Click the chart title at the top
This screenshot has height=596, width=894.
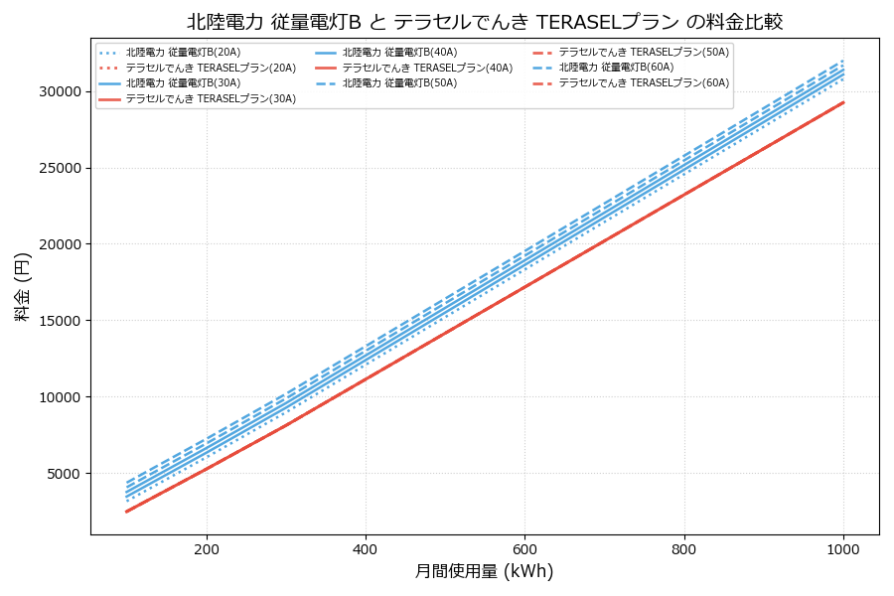point(485,21)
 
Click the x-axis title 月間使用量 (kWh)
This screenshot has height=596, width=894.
point(484,571)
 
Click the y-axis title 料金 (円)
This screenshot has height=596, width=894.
point(22,287)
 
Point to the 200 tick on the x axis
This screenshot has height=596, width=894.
point(207,548)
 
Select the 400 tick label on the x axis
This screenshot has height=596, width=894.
point(366,548)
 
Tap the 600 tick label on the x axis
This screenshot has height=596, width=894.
point(524,548)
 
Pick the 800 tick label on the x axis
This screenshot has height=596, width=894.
point(684,548)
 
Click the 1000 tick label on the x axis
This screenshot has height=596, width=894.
point(843,548)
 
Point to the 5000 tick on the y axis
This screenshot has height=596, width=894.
point(63,474)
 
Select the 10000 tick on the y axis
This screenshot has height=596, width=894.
point(59,397)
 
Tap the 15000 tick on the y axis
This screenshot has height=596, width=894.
point(59,321)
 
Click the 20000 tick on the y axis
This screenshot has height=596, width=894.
point(59,244)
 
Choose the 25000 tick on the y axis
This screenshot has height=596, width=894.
point(59,168)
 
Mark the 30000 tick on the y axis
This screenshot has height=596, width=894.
point(59,91)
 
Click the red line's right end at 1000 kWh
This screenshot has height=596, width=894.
point(843,102)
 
